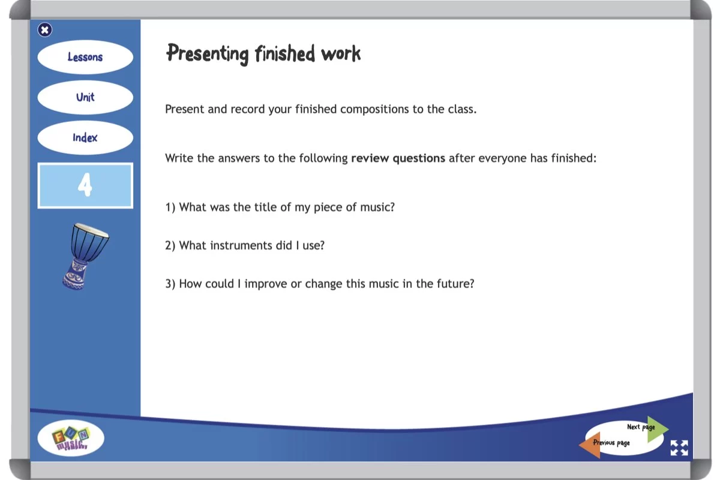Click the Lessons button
tap(85, 57)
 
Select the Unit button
tap(85, 97)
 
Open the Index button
tap(85, 138)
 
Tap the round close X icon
tap(44, 30)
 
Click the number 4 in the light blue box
tap(85, 185)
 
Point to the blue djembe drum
tap(85, 256)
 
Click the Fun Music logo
tap(71, 438)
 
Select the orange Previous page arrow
tap(589, 445)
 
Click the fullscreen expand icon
tap(679, 448)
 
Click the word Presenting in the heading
tap(208, 53)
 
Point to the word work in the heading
tap(341, 53)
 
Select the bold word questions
tap(419, 158)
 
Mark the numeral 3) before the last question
tap(170, 284)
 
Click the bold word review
tap(370, 158)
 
